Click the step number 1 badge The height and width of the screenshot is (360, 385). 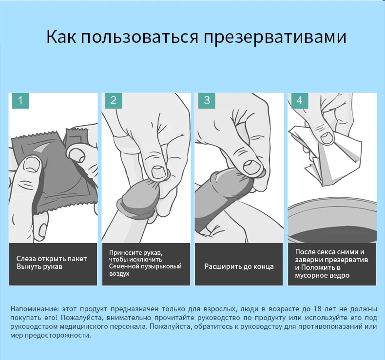(x=20, y=101)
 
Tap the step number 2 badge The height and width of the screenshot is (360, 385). (x=114, y=101)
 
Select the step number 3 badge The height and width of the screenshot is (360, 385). (x=207, y=101)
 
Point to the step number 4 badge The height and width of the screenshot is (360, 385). (x=299, y=101)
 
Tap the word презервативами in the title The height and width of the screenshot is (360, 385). (x=273, y=37)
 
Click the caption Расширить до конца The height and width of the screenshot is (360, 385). (x=239, y=266)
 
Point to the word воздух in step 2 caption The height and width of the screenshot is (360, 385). (x=119, y=274)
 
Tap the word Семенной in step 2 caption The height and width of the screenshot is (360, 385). (x=124, y=266)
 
